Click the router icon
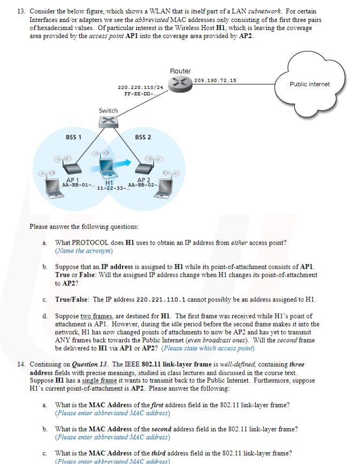pyautogui.click(x=180, y=82)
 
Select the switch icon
pyautogui.click(x=108, y=121)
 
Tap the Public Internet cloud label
pyautogui.click(x=310, y=84)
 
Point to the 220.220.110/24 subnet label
pyautogui.click(x=140, y=86)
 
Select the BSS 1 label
pyautogui.click(x=73, y=137)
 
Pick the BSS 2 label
pyautogui.click(x=143, y=137)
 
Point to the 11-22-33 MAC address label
pyautogui.click(x=112, y=189)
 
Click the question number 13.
pyautogui.click(x=21, y=11)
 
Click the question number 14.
pyautogui.click(x=21, y=365)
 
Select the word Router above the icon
pyautogui.click(x=180, y=71)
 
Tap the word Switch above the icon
pyautogui.click(x=108, y=110)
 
